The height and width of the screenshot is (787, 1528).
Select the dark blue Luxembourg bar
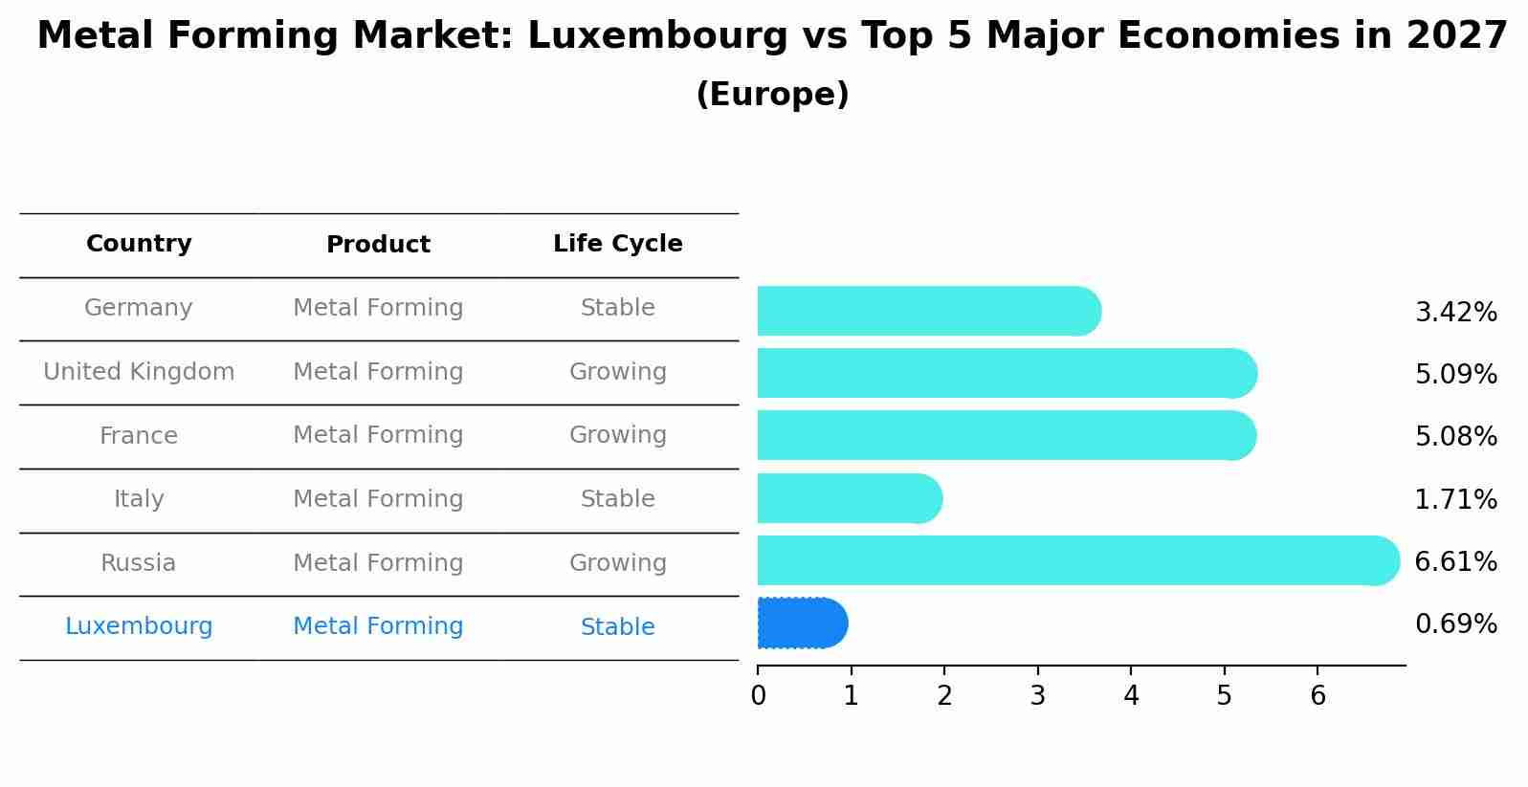(x=802, y=623)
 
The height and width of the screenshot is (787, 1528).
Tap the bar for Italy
(x=849, y=498)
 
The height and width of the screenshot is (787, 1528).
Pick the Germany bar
(x=928, y=311)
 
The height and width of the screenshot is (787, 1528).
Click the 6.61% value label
(x=1455, y=561)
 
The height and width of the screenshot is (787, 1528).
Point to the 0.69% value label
(x=1455, y=624)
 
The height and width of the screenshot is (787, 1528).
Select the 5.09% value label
(x=1455, y=374)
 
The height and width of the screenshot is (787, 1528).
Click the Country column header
(x=139, y=244)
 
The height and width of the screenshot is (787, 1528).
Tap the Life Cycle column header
(x=617, y=244)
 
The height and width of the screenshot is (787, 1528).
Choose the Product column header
(x=378, y=245)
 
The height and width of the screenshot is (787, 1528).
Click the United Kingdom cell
(x=139, y=372)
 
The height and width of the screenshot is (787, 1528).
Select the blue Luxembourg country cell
(x=139, y=626)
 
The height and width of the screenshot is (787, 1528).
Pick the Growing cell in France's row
(x=617, y=435)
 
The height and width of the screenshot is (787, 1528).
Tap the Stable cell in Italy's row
(x=617, y=499)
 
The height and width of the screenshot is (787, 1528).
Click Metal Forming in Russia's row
(x=378, y=563)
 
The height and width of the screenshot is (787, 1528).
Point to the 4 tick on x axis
(x=1131, y=695)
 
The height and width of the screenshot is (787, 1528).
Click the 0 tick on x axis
(x=758, y=695)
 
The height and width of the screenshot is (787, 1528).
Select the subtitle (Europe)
(x=772, y=95)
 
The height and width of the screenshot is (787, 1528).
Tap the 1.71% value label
(x=1455, y=499)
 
